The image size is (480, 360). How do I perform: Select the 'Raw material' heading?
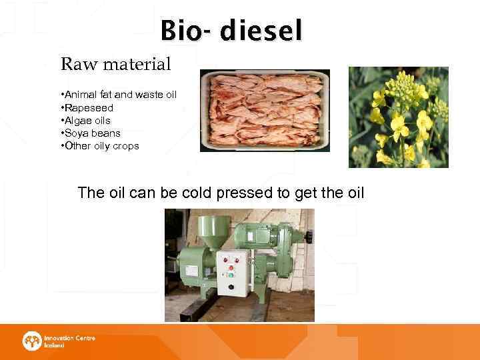pyautogui.click(x=116, y=65)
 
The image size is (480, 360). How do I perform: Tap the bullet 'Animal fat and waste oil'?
pyautogui.click(x=118, y=95)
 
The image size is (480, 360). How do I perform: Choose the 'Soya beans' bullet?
pyautogui.click(x=89, y=133)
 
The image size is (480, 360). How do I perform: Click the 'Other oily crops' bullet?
pyautogui.click(x=99, y=145)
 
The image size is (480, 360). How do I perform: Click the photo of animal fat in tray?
pyautogui.click(x=265, y=110)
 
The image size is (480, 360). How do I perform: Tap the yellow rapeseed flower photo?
pyautogui.click(x=398, y=117)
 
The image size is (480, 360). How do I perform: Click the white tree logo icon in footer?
pyautogui.click(x=32, y=341)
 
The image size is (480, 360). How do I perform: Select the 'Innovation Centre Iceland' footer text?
pyautogui.click(x=69, y=341)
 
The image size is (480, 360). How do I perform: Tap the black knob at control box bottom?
pyautogui.click(x=231, y=286)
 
